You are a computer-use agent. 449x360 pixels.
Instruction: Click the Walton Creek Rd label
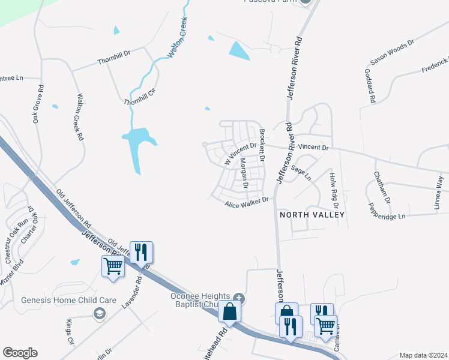(x=80, y=117)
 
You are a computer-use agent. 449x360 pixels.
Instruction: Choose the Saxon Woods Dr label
(x=392, y=53)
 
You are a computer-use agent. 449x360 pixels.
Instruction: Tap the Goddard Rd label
(x=370, y=85)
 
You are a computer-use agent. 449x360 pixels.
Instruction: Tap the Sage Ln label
(x=301, y=172)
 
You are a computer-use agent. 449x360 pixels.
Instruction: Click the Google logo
(x=20, y=353)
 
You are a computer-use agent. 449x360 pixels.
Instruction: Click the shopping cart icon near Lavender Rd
(x=113, y=266)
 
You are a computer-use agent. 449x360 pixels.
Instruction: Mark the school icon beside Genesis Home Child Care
(x=99, y=313)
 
